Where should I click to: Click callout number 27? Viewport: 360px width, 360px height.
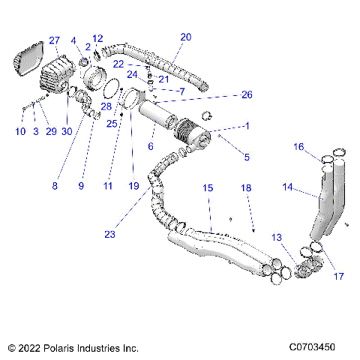click(x=54, y=40)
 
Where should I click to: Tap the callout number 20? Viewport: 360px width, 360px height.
click(x=186, y=36)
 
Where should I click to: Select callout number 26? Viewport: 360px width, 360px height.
click(x=247, y=95)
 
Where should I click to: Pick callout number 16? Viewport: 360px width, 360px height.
click(x=298, y=148)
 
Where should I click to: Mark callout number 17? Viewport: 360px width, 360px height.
click(x=338, y=276)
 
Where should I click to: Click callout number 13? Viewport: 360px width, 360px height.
click(x=277, y=237)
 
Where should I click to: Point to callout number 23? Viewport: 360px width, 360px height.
click(x=109, y=234)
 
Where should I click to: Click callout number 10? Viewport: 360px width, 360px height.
click(x=20, y=132)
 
